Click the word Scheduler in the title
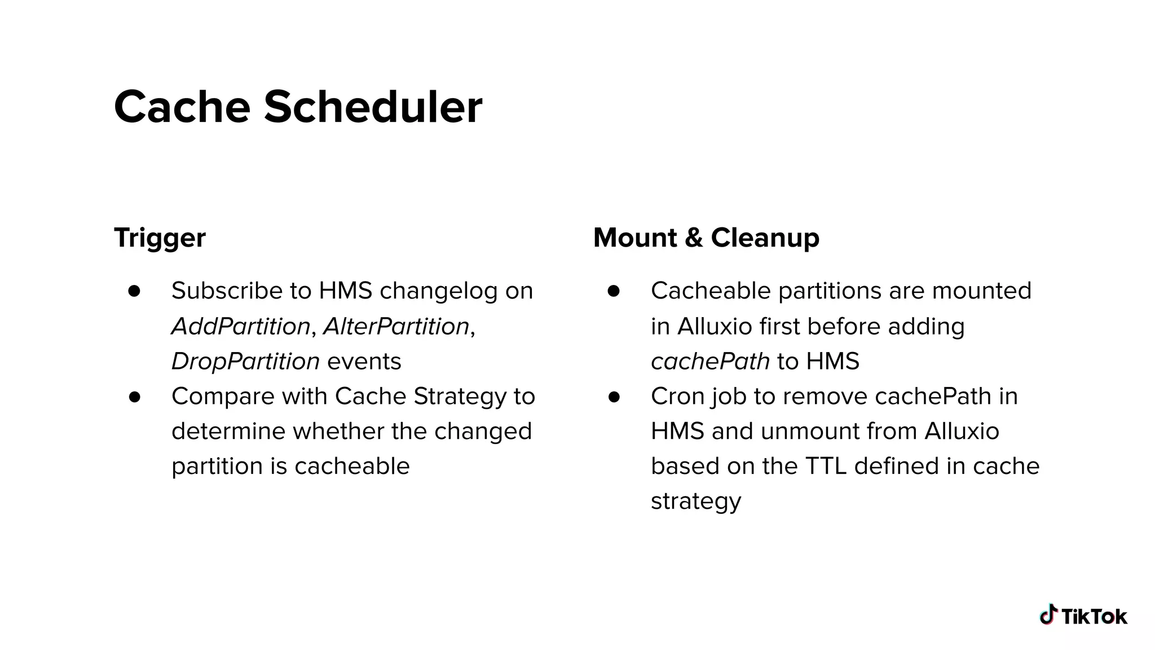373,107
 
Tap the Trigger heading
160,238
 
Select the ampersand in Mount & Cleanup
694,238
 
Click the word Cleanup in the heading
765,238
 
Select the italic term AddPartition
241,326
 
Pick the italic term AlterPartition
396,326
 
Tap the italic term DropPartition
245,361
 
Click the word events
364,361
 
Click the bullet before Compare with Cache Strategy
134,397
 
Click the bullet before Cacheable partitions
614,291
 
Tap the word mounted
981,291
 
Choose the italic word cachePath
710,361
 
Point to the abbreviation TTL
826,466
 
